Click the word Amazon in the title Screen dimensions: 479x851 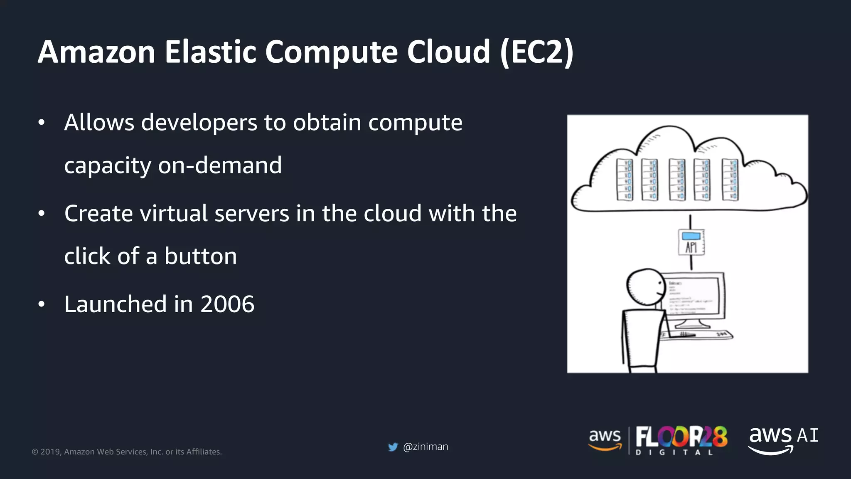tap(96, 52)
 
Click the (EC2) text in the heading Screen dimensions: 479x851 tap(537, 52)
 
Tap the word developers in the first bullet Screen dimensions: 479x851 tap(199, 123)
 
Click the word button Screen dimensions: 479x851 tap(200, 256)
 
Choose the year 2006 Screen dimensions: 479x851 tap(227, 304)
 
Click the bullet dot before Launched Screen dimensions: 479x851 tap(41, 305)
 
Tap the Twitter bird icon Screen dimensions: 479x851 tap(393, 447)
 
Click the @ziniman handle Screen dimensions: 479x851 tap(425, 447)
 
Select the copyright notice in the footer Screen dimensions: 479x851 tap(127, 452)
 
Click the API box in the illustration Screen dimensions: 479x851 tap(691, 242)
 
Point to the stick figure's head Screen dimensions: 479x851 tap(646, 287)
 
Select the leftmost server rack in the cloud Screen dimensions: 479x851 tap(625, 180)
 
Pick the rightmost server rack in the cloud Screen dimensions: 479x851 tap(730, 180)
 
